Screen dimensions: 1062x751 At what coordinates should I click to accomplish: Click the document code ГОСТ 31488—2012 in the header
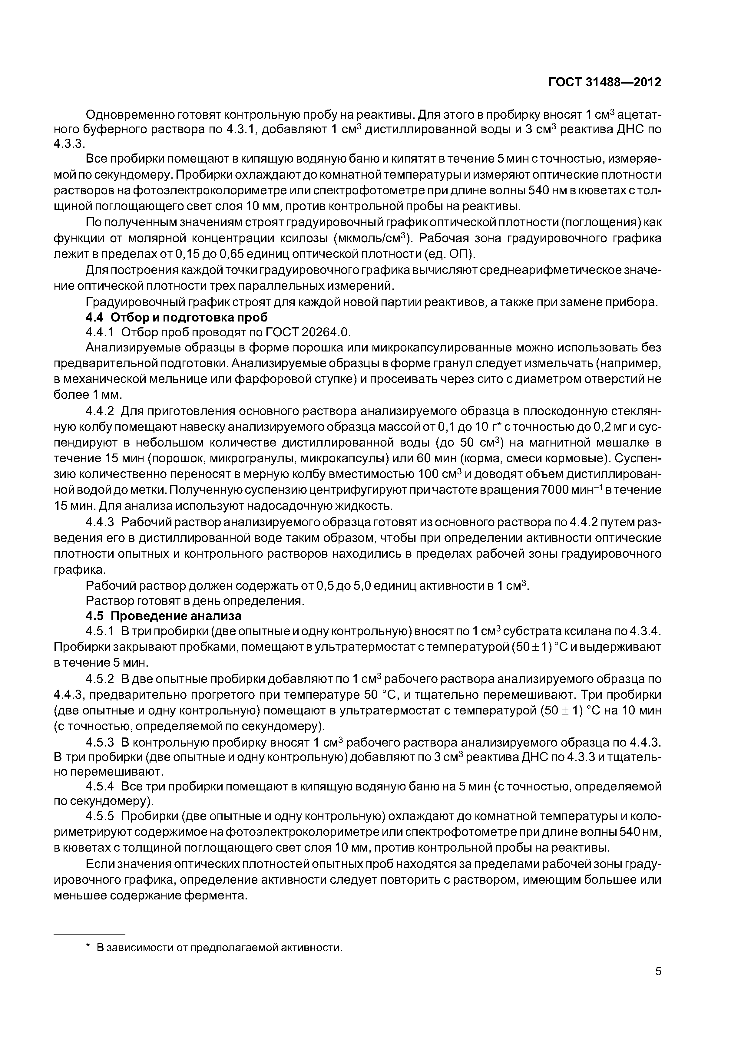click(604, 82)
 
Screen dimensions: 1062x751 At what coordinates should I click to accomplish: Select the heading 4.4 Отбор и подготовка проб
click(177, 318)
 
